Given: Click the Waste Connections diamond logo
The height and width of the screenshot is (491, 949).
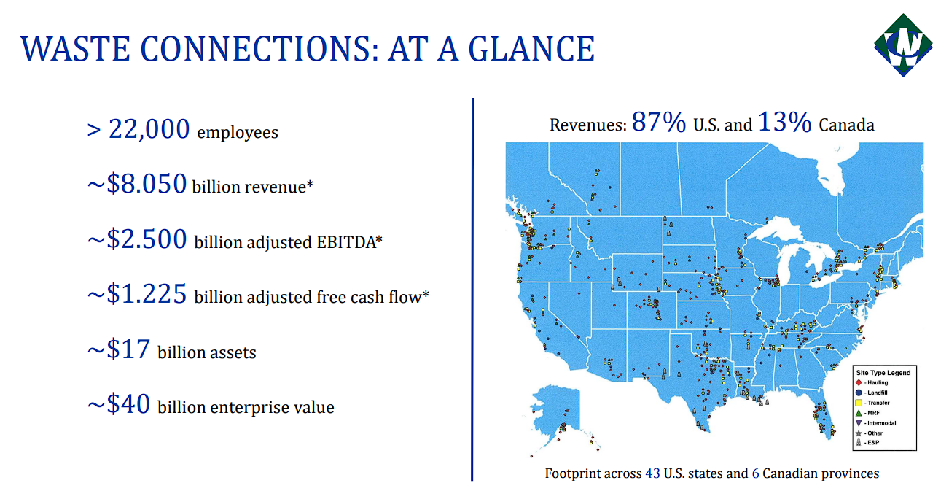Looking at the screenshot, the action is (x=903, y=45).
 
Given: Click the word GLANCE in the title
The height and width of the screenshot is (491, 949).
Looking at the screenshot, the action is (x=531, y=49).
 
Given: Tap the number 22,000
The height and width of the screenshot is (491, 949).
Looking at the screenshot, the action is (x=149, y=129).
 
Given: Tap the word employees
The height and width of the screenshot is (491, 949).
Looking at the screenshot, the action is (x=238, y=132).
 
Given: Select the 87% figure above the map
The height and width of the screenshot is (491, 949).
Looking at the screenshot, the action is (x=659, y=122).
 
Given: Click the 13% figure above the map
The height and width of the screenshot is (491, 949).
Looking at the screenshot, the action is (x=784, y=122).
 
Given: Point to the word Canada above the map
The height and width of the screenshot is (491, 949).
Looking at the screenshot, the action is (x=846, y=125).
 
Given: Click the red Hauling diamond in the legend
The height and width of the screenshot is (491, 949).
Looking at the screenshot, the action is (x=859, y=382).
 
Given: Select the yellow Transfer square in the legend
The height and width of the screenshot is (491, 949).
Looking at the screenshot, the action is (x=859, y=403).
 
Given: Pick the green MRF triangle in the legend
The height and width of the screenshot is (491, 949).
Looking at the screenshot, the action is (x=859, y=413).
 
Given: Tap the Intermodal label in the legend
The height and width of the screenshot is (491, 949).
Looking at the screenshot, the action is (x=882, y=423).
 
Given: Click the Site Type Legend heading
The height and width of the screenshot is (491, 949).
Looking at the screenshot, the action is (x=883, y=373).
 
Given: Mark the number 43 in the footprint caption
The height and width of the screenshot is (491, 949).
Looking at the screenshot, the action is (x=652, y=473).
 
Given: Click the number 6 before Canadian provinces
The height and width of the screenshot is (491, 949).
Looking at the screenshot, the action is (x=755, y=473).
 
